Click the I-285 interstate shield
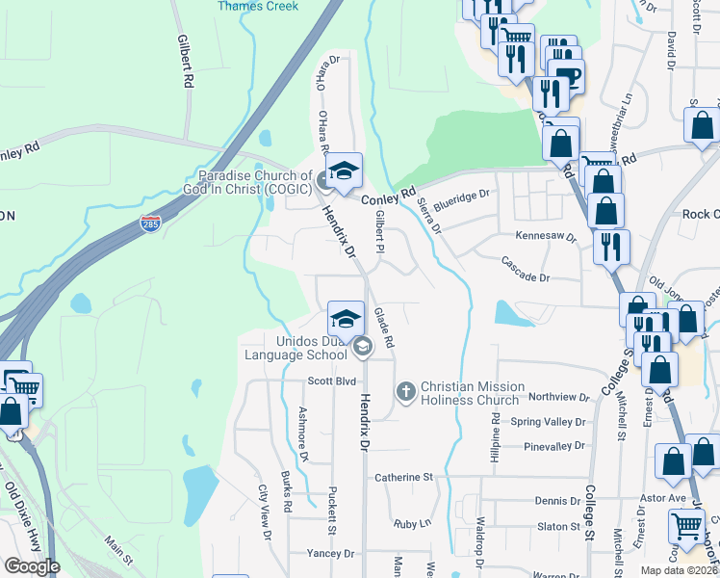[150, 223]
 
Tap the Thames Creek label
[258, 6]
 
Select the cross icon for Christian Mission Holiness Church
[406, 391]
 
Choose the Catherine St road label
[404, 477]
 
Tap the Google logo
[32, 566]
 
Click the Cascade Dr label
[525, 276]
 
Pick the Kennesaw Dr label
[545, 236]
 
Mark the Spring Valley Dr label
[548, 422]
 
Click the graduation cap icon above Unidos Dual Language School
[346, 317]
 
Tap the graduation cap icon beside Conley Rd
[343, 171]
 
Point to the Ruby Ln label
[412, 524]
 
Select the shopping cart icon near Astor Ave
[686, 526]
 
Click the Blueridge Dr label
[462, 199]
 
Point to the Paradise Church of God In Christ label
[256, 183]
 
